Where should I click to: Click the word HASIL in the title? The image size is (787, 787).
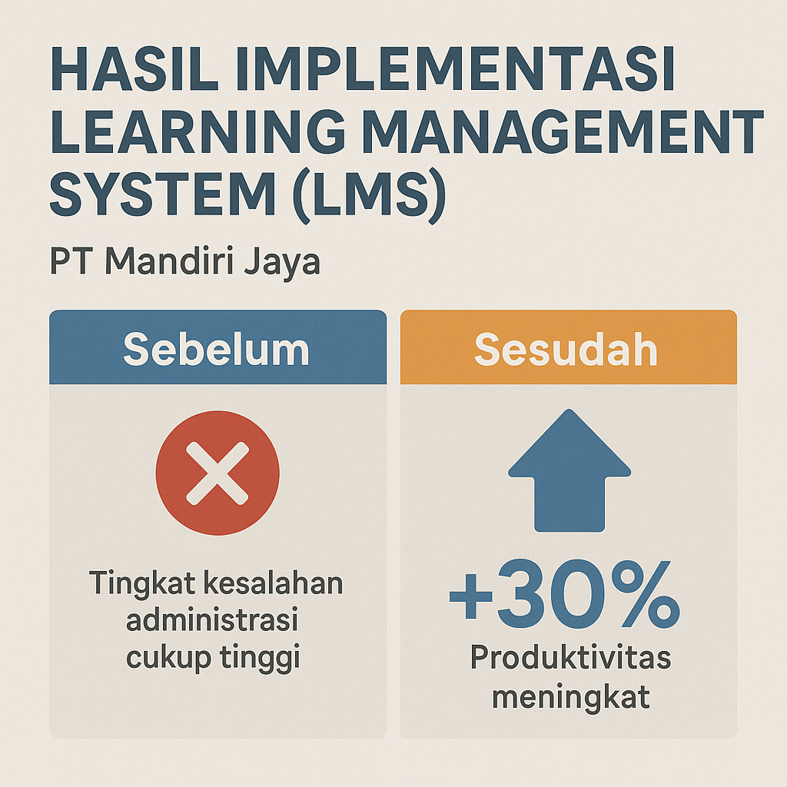[x=134, y=68]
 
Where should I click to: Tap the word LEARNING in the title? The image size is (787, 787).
[x=198, y=131]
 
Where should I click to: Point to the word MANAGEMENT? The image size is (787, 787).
[x=563, y=131]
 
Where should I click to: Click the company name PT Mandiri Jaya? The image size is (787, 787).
[x=184, y=262]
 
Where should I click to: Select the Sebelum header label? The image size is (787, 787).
[x=216, y=350]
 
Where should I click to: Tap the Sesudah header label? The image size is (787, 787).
[x=566, y=350]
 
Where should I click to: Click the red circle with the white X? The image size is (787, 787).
[x=218, y=473]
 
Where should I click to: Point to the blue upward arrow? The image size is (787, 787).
[x=569, y=470]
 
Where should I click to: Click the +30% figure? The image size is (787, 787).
[x=565, y=595]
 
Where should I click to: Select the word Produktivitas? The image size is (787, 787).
[x=571, y=657]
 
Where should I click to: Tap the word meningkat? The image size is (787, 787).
[x=571, y=698]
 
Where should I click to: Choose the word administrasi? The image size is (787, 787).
[x=212, y=619]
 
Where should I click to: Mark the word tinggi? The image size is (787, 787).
[x=260, y=658]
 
